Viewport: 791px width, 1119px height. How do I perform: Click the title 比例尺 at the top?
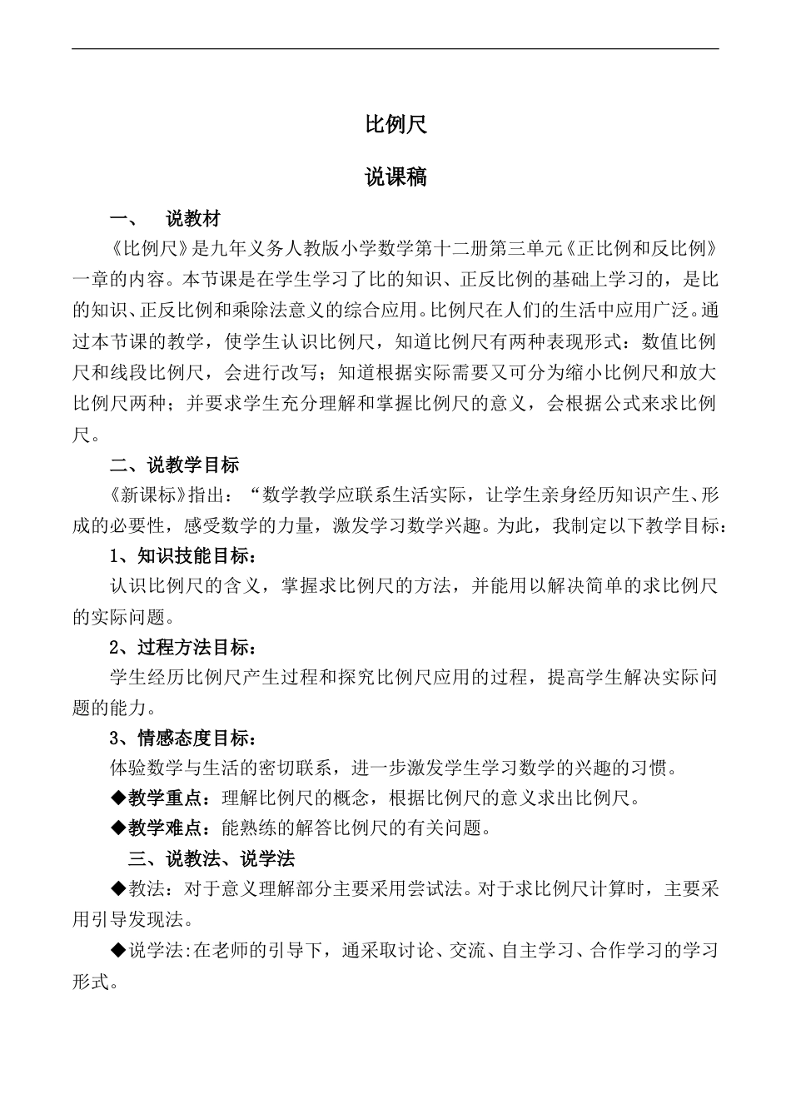pyautogui.click(x=395, y=125)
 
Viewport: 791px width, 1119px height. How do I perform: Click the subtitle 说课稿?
pyautogui.click(x=395, y=177)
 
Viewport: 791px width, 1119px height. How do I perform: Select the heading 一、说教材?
pyautogui.click(x=166, y=219)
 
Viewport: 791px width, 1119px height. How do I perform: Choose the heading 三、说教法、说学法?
pyautogui.click(x=211, y=858)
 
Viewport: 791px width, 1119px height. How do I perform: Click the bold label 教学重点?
pyautogui.click(x=165, y=798)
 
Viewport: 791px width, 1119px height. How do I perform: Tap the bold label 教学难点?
pyautogui.click(x=165, y=828)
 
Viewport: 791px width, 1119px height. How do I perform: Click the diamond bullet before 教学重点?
pyautogui.click(x=117, y=798)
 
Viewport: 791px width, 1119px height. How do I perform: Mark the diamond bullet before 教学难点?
pyautogui.click(x=117, y=828)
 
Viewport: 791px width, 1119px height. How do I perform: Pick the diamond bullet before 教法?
pyautogui.click(x=117, y=889)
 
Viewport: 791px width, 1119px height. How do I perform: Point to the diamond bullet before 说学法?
pyautogui.click(x=117, y=950)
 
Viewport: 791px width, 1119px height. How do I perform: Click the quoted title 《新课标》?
pyautogui.click(x=146, y=495)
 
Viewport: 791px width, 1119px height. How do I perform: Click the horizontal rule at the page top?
pyautogui.click(x=395, y=49)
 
